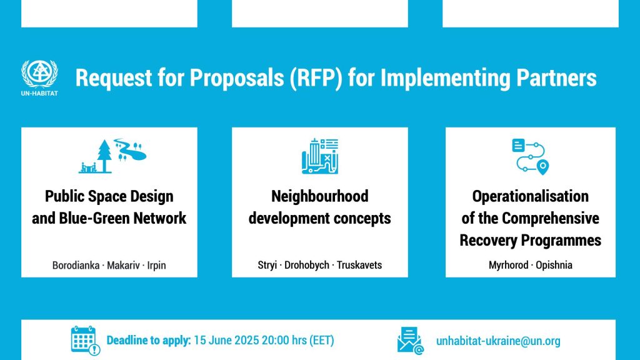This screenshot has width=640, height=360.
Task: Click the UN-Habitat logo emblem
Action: point(39,74)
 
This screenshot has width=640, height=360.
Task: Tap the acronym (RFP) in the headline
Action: point(316,78)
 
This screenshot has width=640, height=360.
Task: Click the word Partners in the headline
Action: point(556,77)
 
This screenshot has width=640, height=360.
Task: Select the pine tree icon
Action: point(104,156)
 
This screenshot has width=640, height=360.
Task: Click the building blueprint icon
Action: point(320,156)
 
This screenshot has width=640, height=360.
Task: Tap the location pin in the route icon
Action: point(542,167)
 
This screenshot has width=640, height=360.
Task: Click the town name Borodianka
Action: point(76,265)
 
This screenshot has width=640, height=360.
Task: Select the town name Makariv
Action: point(123,265)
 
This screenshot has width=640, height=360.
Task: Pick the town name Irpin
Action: point(156,266)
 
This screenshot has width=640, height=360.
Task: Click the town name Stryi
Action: point(267,265)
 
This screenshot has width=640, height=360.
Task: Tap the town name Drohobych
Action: point(306,265)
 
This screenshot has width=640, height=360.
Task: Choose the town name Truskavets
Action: point(359,265)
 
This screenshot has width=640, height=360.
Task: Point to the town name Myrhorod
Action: point(509,265)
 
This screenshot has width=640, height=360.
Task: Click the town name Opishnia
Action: point(554,265)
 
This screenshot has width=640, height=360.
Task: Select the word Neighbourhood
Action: point(320,196)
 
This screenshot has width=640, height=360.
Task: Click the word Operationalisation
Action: point(530,196)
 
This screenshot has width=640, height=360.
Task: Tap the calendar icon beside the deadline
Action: point(85,341)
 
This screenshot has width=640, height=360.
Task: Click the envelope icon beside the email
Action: point(410,341)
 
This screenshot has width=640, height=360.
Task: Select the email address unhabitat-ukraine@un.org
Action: point(498,341)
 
